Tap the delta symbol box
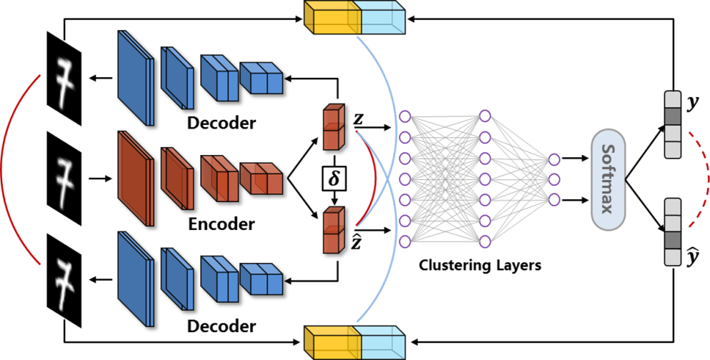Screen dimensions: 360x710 tap(334, 179)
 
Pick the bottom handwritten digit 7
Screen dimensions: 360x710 tap(66, 278)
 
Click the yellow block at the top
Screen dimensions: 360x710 tap(333, 19)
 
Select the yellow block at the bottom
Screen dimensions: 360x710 tap(333, 342)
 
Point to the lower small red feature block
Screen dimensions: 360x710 tap(334, 229)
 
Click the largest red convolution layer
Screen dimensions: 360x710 tap(135, 179)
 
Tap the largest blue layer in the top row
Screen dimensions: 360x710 tap(135, 78)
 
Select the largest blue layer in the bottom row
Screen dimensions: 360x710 tap(135, 279)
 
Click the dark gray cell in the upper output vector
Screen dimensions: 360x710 tap(673, 116)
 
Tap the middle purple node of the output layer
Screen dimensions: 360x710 tap(554, 179)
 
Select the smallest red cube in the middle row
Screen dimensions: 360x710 tap(261, 179)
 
